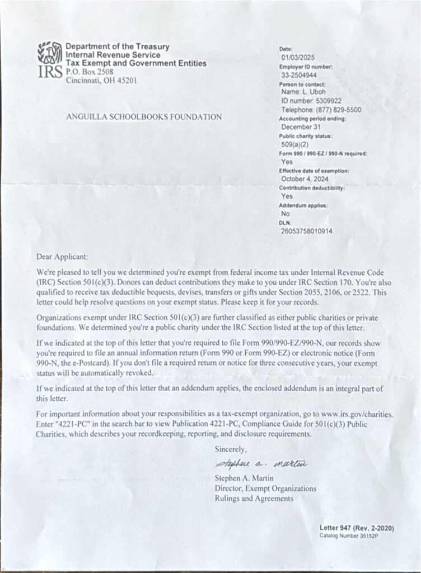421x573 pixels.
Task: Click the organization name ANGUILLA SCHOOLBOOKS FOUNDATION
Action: point(144,117)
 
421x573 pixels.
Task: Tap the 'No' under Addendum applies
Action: point(286,213)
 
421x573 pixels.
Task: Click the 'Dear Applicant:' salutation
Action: point(62,257)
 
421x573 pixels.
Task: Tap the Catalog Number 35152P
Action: point(349,536)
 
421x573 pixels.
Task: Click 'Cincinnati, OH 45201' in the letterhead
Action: point(101,80)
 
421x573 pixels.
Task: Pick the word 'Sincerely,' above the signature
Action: point(230,449)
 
